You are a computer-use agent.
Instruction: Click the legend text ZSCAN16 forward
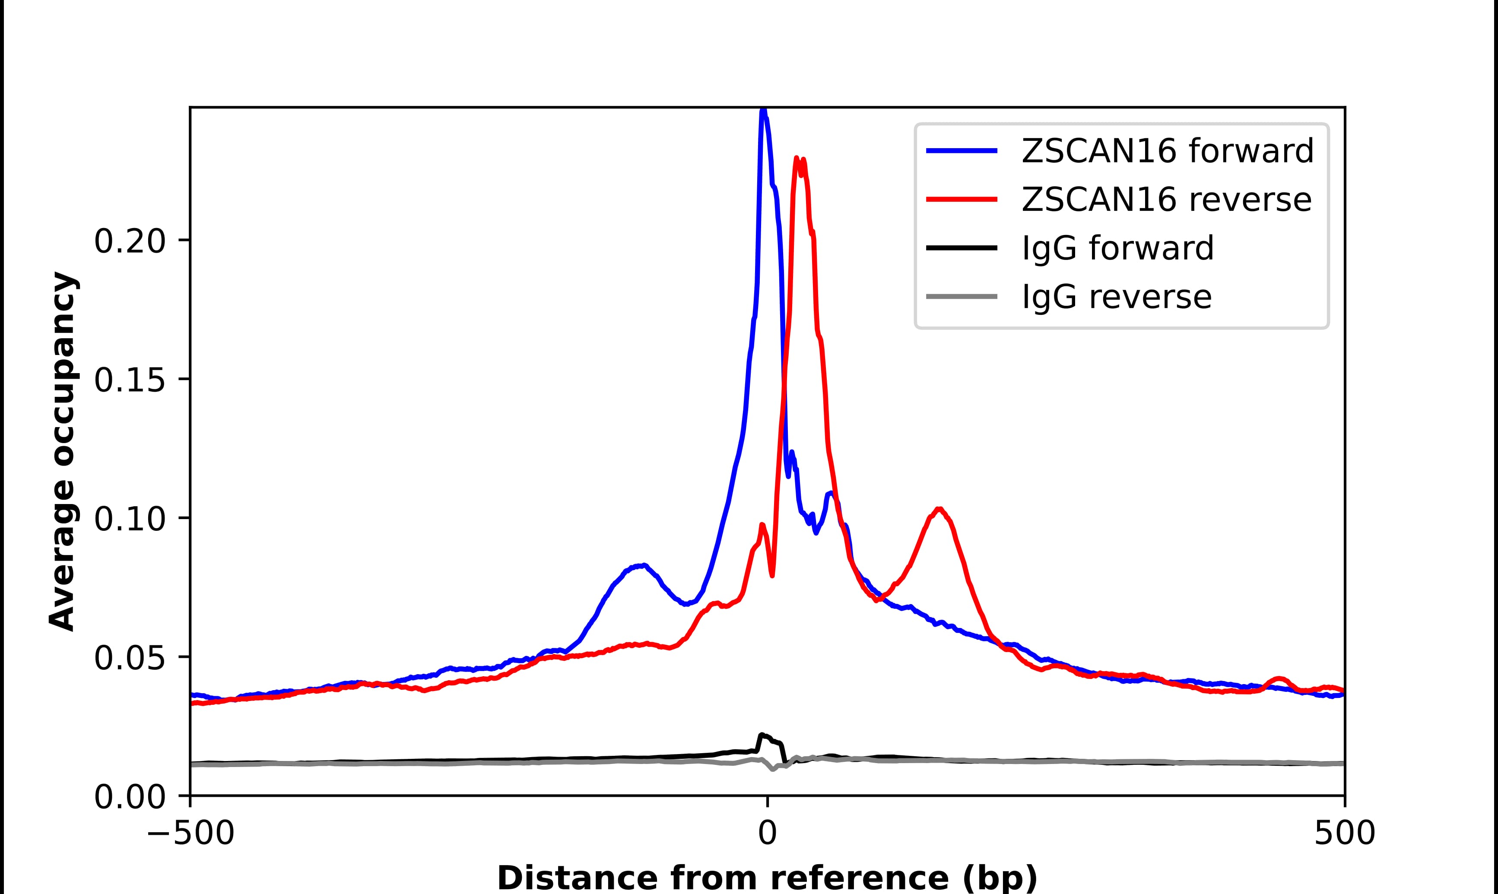(1167, 151)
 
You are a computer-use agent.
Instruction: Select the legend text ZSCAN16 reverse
(1166, 200)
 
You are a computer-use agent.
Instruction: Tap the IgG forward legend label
(1117, 248)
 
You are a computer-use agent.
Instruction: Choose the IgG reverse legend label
(1116, 297)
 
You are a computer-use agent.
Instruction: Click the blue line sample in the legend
(962, 151)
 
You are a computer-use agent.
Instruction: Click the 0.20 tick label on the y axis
(130, 241)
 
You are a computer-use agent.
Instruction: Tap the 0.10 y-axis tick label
(130, 519)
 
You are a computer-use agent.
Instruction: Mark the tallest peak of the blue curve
(763, 111)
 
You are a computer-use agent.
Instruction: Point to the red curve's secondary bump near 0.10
(939, 510)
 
